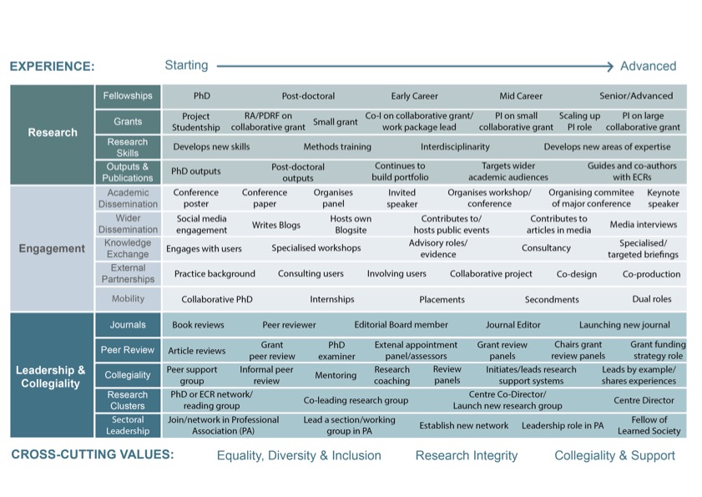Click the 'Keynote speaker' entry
(664, 198)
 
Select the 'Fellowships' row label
(128, 96)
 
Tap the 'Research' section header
(53, 132)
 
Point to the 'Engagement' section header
(52, 248)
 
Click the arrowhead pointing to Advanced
(610, 65)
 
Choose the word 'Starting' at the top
(186, 65)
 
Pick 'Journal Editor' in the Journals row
(513, 325)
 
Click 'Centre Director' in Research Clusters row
(644, 401)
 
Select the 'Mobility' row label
(128, 299)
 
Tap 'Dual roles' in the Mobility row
(652, 299)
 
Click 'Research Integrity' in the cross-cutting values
(467, 455)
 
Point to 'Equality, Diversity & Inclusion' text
(299, 455)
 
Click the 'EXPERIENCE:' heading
(52, 66)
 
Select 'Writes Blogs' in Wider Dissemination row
(275, 225)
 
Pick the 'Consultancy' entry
(546, 248)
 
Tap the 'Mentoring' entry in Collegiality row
(336, 376)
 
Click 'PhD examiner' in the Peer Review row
(336, 350)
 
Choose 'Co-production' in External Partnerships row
(651, 273)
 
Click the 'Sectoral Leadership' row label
(128, 425)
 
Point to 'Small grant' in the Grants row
(335, 122)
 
